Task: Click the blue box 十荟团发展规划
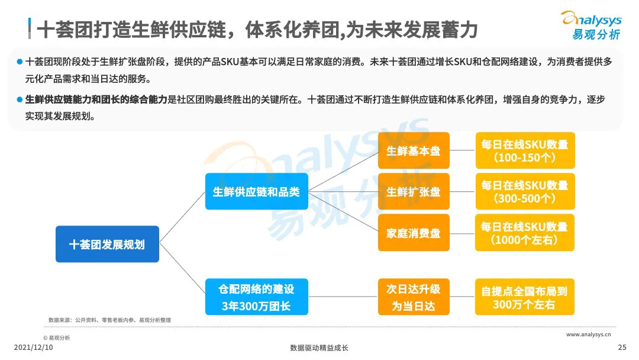107,244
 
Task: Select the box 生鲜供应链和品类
256,191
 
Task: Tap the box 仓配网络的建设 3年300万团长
256,297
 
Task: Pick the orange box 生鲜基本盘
414,150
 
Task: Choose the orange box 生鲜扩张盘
414,191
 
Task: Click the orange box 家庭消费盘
414,233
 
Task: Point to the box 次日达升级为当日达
414,297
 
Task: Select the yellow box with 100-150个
524,150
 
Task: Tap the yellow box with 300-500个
524,191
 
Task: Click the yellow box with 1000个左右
524,233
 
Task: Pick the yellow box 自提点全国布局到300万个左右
524,297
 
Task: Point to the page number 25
621,348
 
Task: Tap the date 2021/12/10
33,348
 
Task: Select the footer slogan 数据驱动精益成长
319,348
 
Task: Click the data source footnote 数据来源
109,320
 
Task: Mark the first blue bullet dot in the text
20,62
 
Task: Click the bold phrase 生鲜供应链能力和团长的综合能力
96,99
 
